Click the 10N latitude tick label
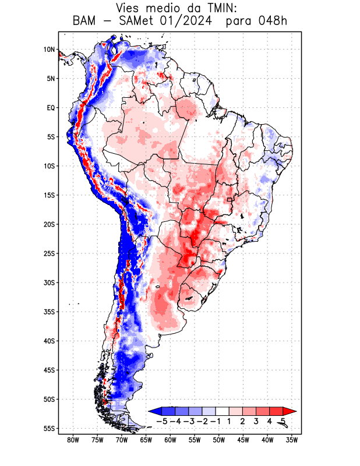click(49, 50)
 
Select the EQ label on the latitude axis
click(50, 108)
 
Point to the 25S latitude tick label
click(48, 253)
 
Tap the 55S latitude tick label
click(48, 429)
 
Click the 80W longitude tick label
click(73, 440)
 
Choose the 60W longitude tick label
click(171, 440)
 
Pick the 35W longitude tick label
click(292, 440)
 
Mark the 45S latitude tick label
click(48, 370)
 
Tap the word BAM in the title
click(86, 22)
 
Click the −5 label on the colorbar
click(163, 421)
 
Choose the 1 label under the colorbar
click(230, 421)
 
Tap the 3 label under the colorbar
click(256, 421)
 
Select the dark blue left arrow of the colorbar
click(154, 411)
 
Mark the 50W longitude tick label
click(219, 440)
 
